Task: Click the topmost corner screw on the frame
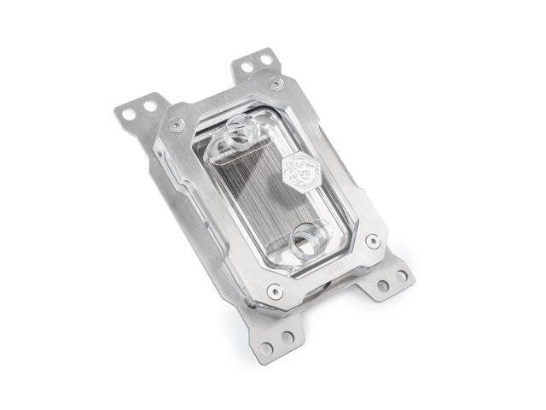(275, 84)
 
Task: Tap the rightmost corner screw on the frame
(372, 242)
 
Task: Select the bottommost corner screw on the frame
(273, 290)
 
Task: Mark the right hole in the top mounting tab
(266, 59)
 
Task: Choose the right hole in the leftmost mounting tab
(150, 106)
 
